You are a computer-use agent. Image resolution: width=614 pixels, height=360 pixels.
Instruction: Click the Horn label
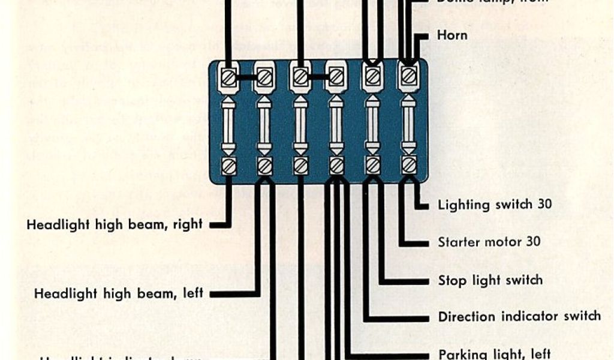point(453,35)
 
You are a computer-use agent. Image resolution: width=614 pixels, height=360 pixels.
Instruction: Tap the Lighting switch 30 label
point(495,205)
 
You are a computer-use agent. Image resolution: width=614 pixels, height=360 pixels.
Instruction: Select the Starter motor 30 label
point(489,242)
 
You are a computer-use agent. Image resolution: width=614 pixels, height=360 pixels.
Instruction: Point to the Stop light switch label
point(490,280)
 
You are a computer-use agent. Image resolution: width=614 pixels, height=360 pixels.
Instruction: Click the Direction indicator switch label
point(519,316)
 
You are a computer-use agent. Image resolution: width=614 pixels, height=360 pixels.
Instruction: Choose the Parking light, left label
point(494,353)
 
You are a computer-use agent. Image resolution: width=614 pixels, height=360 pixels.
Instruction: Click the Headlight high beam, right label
point(115,224)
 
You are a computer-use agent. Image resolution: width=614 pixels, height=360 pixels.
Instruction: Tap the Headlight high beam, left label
point(119,294)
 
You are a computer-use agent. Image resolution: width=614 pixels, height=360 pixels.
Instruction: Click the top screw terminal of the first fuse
point(228,77)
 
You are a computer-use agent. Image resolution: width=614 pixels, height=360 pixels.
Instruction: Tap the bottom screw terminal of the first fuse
point(228,166)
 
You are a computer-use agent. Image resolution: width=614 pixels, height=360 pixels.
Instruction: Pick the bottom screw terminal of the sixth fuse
point(409,164)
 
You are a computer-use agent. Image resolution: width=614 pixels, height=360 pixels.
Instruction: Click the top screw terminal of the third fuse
point(301,76)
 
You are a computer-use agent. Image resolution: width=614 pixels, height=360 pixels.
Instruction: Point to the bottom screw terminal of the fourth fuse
point(336,165)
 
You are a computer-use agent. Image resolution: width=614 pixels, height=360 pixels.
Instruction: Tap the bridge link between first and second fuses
point(246,77)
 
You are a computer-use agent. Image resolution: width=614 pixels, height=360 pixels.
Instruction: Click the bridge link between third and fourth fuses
point(319,76)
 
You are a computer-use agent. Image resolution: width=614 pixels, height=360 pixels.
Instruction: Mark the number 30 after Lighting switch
point(544,204)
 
